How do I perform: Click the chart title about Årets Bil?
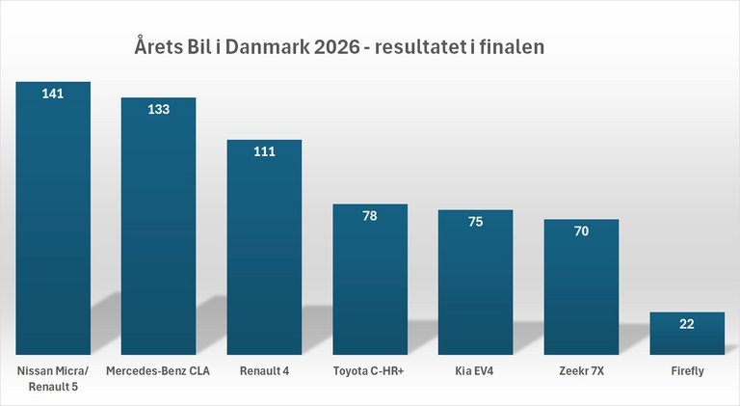coord(340,46)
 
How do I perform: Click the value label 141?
coord(53,94)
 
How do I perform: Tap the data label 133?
coord(158,109)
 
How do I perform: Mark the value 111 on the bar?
coord(264,151)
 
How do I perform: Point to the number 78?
coord(370,215)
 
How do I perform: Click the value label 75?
coord(475,221)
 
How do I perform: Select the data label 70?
coord(581,230)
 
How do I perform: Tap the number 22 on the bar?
coord(687,324)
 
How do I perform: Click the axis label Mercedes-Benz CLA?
coord(158,370)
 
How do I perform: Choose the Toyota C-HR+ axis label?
coord(370,370)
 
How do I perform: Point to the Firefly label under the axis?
coord(687,370)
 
